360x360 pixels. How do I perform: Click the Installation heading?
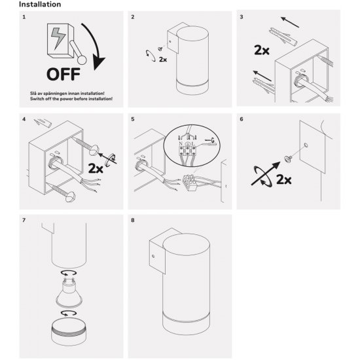pyautogui.click(x=40, y=5)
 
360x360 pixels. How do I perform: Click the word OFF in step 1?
pyautogui.click(x=63, y=75)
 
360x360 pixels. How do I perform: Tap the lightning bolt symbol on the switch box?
pyautogui.click(x=58, y=39)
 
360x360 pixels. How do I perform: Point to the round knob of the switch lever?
pyautogui.click(x=82, y=60)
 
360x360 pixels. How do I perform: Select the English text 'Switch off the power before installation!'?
pyautogui.click(x=71, y=99)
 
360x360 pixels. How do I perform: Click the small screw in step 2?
pyautogui.click(x=160, y=48)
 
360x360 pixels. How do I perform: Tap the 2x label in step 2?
pyautogui.click(x=163, y=60)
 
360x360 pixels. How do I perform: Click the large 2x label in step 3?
pyautogui.click(x=262, y=50)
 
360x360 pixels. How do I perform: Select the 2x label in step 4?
pyautogui.click(x=96, y=168)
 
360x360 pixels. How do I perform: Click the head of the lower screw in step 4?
pyautogui.click(x=70, y=197)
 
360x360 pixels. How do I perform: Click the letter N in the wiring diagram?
pyautogui.click(x=181, y=144)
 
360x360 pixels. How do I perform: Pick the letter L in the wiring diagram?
pyautogui.click(x=193, y=144)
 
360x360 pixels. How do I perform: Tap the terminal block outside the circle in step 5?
pyautogui.click(x=190, y=182)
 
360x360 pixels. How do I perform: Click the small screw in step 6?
pyautogui.click(x=287, y=158)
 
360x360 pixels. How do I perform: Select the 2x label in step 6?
pyautogui.click(x=284, y=179)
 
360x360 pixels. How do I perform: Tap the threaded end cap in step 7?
pyautogui.click(x=69, y=333)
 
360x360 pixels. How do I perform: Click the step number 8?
pyautogui.click(x=133, y=220)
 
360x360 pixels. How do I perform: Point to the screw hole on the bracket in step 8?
pyautogui.click(x=153, y=256)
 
